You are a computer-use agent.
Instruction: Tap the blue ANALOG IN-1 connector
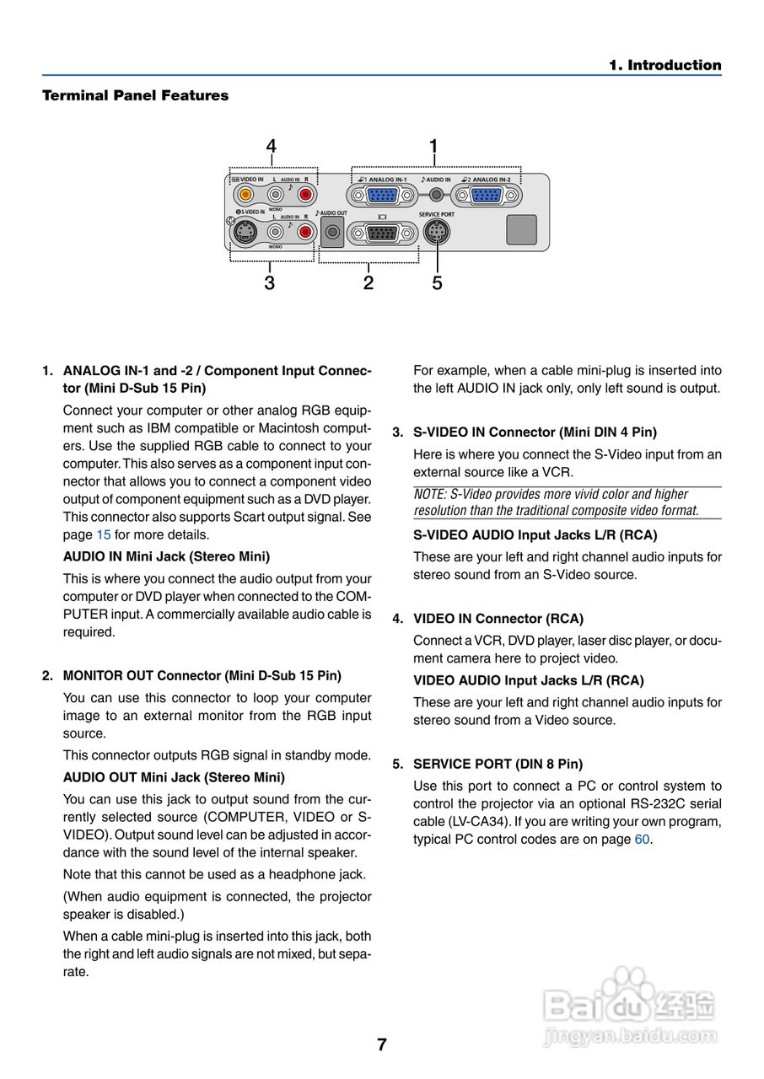pyautogui.click(x=385, y=196)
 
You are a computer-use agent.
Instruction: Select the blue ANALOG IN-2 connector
pyautogui.click(x=486, y=196)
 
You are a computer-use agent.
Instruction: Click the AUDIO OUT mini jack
pyautogui.click(x=332, y=232)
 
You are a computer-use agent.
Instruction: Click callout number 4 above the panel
pyautogui.click(x=271, y=147)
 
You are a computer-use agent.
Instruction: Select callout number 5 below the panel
pyautogui.click(x=437, y=283)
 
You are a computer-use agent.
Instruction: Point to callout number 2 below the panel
pyautogui.click(x=369, y=283)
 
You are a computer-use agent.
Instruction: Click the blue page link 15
pyautogui.click(x=104, y=534)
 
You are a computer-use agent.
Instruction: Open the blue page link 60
pyautogui.click(x=642, y=840)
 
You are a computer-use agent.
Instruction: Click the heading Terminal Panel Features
pyautogui.click(x=135, y=96)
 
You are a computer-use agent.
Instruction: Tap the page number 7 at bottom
pyautogui.click(x=382, y=1044)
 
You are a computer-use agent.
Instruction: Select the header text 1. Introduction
pyautogui.click(x=665, y=66)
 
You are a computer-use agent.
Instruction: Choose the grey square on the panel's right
pyautogui.click(x=521, y=229)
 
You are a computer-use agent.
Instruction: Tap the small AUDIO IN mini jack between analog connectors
pyautogui.click(x=436, y=195)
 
